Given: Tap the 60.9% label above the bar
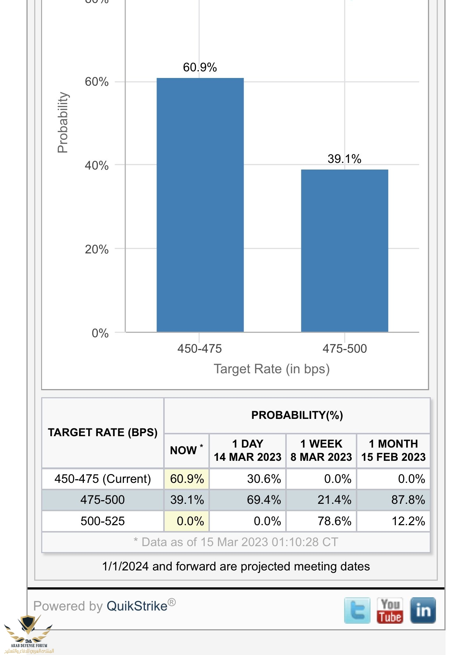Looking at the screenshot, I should pyautogui.click(x=200, y=67).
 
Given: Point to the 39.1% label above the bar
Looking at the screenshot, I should pyautogui.click(x=344, y=159).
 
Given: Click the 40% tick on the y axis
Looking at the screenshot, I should pyautogui.click(x=97, y=165).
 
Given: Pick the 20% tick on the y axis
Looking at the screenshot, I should pyautogui.click(x=97, y=249).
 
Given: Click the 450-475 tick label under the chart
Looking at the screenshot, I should pyautogui.click(x=200, y=349).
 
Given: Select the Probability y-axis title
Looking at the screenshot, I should pyautogui.click(x=63, y=122).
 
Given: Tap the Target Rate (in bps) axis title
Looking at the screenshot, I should pyautogui.click(x=272, y=369).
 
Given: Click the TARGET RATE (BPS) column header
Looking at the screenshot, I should pyautogui.click(x=103, y=432).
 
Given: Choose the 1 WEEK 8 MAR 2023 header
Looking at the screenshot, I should pyautogui.click(x=321, y=451).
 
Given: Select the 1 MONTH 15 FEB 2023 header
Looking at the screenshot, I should pyautogui.click(x=393, y=451).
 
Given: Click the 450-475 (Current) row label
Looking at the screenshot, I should pyautogui.click(x=103, y=479).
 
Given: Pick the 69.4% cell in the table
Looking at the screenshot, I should pyautogui.click(x=264, y=500).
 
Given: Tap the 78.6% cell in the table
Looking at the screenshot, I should pyautogui.click(x=335, y=521).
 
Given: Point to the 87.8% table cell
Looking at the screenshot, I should pyautogui.click(x=408, y=500).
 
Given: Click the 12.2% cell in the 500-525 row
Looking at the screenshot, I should pyautogui.click(x=408, y=521).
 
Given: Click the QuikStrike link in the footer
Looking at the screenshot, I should pyautogui.click(x=137, y=606).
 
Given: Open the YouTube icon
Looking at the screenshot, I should pyautogui.click(x=390, y=610).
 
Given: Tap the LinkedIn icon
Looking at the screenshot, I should pyautogui.click(x=423, y=610).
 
